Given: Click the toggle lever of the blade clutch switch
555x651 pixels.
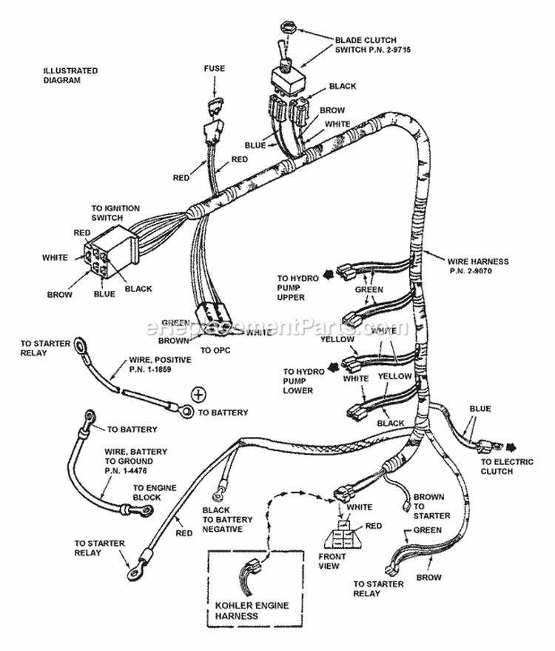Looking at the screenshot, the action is pos(282,49).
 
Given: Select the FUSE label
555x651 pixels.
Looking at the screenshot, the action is pos(215,68).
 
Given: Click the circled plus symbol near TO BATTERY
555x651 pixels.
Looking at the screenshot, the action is pos(198,394).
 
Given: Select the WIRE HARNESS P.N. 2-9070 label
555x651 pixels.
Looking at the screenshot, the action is pos(478,266).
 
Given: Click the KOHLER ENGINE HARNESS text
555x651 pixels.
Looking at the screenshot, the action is pos(252,610).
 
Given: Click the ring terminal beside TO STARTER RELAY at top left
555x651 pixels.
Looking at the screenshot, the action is pos(79,344).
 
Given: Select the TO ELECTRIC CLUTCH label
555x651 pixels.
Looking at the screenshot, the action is pos(507,467).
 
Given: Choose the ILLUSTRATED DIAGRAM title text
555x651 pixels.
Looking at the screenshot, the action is pos(70,75).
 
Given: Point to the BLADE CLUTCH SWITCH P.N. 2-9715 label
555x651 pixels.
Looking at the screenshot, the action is pos(372,45).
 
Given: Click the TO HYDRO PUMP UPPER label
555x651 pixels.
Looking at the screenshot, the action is pos(297,287).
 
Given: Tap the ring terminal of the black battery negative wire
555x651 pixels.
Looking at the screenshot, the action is pos(218,493).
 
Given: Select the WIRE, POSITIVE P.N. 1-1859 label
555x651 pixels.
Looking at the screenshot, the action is pos(160,364).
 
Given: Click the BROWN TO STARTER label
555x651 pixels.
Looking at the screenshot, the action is pos(431,506).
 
